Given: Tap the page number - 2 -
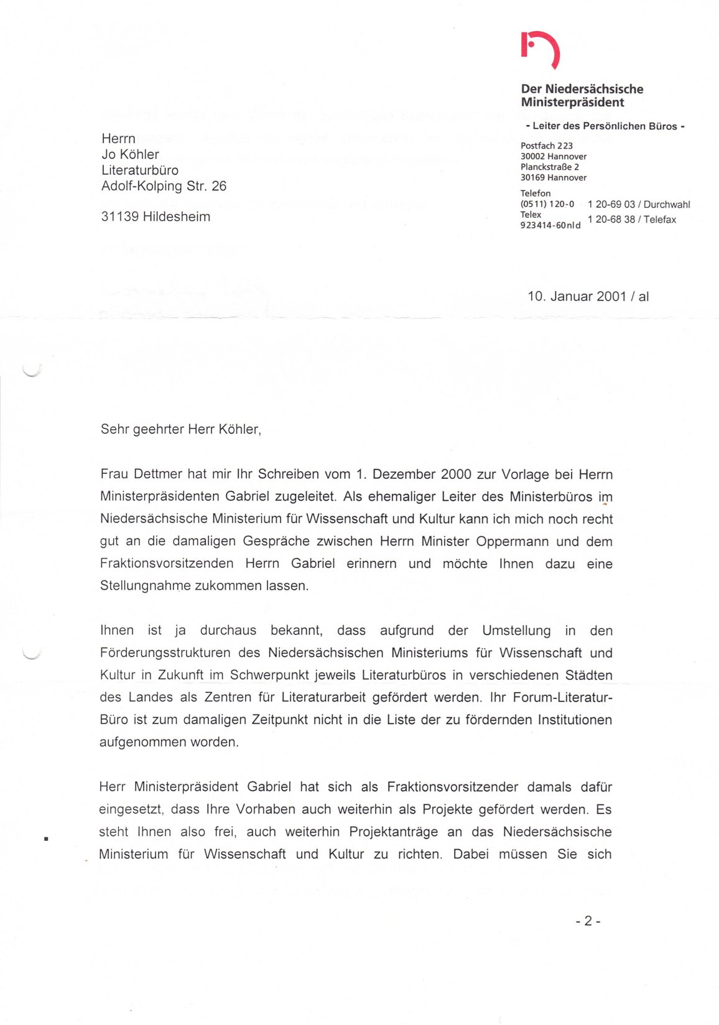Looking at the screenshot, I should click(x=587, y=921).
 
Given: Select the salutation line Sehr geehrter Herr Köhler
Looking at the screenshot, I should click(x=180, y=429).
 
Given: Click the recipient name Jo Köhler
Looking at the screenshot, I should click(x=130, y=154).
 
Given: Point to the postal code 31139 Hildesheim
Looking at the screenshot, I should click(x=155, y=216).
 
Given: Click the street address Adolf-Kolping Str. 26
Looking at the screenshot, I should click(x=164, y=186).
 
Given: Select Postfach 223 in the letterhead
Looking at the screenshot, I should click(x=546, y=146).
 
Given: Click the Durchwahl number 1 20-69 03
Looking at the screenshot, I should click(x=611, y=205).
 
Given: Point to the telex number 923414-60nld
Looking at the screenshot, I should click(x=550, y=225).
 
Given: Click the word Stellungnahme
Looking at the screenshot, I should click(x=146, y=586).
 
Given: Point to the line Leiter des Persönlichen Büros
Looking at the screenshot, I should click(x=605, y=126).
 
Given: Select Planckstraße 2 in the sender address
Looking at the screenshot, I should click(x=549, y=167).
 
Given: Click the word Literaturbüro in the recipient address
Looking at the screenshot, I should click(x=140, y=170).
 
